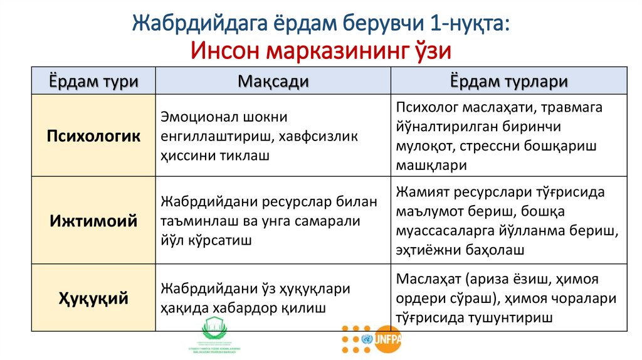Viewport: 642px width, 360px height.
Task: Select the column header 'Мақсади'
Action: pyautogui.click(x=273, y=82)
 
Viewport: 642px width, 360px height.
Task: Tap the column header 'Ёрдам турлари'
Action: pyautogui.click(x=509, y=82)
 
